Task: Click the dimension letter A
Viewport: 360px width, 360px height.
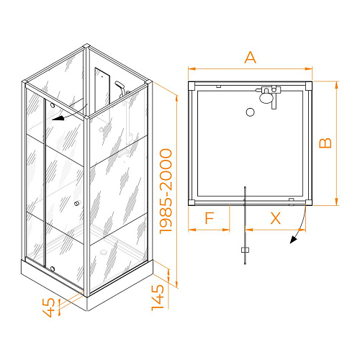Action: (251, 58)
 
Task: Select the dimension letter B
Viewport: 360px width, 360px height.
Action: (325, 143)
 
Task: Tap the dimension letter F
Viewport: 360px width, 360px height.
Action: (210, 218)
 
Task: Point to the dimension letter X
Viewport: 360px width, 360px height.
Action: (276, 218)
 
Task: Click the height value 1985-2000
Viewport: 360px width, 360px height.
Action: (166, 192)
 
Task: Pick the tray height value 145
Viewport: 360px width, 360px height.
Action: (158, 297)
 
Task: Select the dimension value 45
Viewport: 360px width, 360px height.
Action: (49, 307)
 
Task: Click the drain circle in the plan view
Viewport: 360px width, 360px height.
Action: (251, 112)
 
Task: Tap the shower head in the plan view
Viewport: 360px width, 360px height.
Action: (266, 98)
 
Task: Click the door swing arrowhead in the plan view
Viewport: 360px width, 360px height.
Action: (294, 239)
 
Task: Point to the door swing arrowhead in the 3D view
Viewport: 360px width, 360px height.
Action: (58, 118)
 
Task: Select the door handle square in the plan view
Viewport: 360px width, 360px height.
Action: (245, 250)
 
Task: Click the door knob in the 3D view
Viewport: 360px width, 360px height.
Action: (77, 204)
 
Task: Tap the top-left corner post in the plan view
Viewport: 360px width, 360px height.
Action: (192, 86)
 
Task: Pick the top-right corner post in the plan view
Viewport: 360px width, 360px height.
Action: (309, 86)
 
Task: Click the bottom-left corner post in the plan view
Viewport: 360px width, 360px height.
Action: (192, 202)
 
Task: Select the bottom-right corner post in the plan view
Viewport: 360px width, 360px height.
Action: (309, 202)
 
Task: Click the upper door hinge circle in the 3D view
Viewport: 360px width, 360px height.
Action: (53, 105)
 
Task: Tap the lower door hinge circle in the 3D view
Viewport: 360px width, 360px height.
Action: (53, 269)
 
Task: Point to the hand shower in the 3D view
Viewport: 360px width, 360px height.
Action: (121, 88)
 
